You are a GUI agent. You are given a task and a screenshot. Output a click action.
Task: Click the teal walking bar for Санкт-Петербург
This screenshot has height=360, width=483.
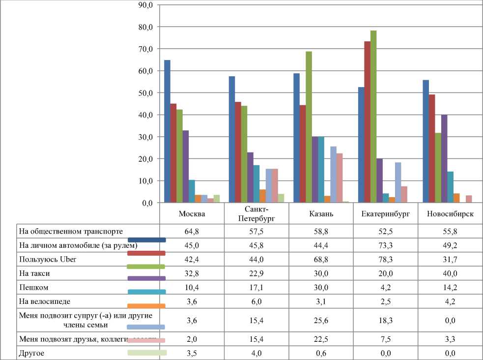tap(256, 184)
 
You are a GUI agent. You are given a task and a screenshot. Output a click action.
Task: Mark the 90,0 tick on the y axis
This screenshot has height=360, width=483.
tap(147, 5)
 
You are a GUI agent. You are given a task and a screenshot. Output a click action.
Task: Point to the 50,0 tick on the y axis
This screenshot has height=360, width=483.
tap(147, 93)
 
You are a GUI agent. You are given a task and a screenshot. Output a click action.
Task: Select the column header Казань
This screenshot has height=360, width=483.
tap(321, 214)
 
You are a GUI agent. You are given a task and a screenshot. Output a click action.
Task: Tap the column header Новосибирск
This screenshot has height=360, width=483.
tap(451, 214)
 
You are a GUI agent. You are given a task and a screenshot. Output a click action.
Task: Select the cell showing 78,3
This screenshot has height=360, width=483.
tap(386, 258)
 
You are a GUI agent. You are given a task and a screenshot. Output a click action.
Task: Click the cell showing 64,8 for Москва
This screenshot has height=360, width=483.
tap(192, 231)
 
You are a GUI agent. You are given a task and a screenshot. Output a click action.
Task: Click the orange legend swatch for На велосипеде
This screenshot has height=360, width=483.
tap(146, 306)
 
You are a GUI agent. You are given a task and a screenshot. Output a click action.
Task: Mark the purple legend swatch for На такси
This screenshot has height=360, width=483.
tap(146, 279)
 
